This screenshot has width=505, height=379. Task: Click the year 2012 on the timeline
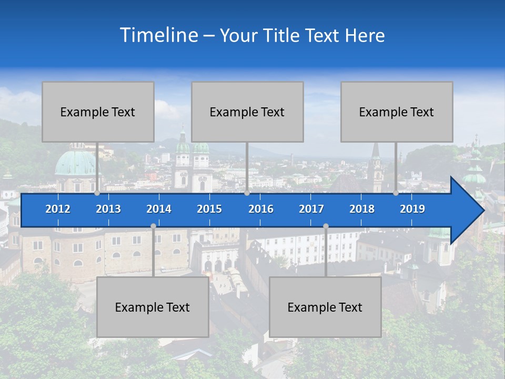(x=58, y=209)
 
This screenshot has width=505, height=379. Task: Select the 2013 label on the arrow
(x=108, y=209)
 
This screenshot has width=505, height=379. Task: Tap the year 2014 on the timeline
(x=159, y=209)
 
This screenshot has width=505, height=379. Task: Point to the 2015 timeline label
(x=209, y=209)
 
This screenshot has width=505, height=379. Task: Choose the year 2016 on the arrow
(x=261, y=209)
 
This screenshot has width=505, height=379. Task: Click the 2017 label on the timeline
(x=311, y=209)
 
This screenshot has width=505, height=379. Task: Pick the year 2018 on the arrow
(x=362, y=209)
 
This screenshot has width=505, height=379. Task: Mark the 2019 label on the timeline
(x=412, y=209)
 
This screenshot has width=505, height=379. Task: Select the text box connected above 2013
(x=98, y=112)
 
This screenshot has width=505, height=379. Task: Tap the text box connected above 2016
(x=247, y=112)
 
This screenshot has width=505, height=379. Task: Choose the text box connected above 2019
(x=397, y=112)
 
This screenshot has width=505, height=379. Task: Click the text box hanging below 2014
(x=153, y=307)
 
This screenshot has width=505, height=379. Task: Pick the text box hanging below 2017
(x=325, y=307)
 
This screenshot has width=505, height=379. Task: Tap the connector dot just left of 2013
(x=97, y=193)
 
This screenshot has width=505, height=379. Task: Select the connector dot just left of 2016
(x=247, y=193)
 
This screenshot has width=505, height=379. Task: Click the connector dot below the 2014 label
(x=153, y=226)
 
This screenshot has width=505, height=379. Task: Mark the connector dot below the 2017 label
(x=326, y=226)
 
